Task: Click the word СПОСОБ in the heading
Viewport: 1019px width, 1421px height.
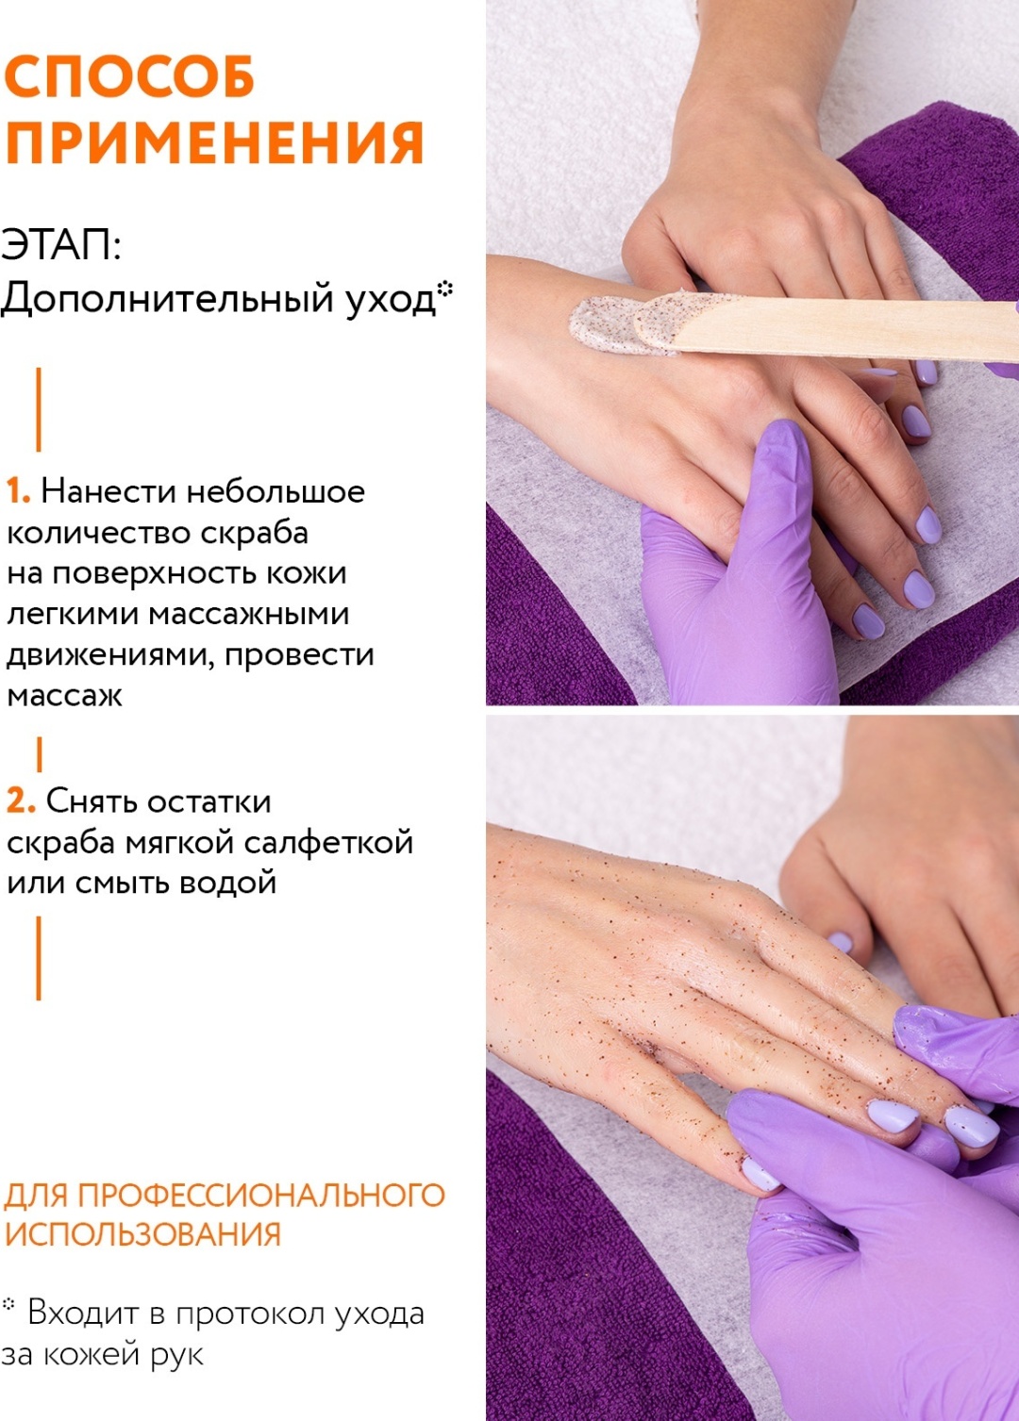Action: coord(129,76)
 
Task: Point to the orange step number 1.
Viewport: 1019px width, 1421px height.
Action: coord(18,491)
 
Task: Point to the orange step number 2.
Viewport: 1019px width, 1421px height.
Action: coord(21,801)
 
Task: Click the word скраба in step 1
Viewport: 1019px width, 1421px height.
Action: coord(254,534)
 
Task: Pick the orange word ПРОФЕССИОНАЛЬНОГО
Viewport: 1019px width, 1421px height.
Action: coord(261,1195)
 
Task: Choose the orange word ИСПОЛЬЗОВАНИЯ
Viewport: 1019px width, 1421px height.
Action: coord(142,1234)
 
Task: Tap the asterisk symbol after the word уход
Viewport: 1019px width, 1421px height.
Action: coord(445,288)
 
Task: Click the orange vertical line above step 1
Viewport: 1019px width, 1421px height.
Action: coord(39,409)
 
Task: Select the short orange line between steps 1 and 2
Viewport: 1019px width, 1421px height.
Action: coord(40,753)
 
